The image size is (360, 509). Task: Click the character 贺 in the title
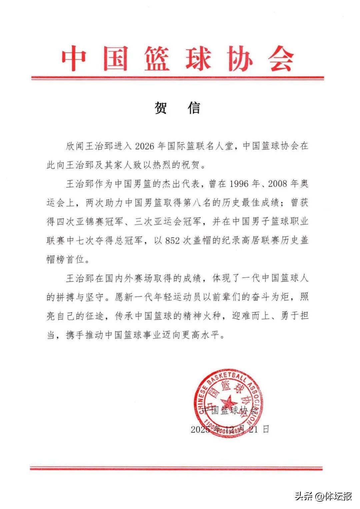161,108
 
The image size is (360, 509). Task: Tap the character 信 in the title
194,108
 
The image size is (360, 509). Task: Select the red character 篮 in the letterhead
157,60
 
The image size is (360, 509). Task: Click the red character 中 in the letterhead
74,60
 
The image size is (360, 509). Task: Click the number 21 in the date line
254,429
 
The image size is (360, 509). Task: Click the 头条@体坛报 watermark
323,496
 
